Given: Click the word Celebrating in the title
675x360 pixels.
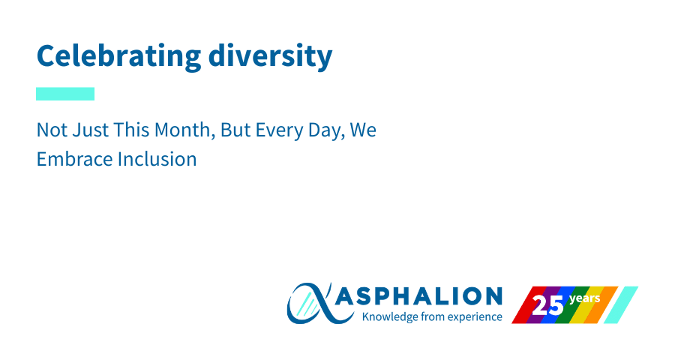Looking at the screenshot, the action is point(118,56).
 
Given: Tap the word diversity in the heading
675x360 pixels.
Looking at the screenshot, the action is point(270,56).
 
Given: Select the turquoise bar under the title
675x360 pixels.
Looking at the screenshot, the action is point(65,94).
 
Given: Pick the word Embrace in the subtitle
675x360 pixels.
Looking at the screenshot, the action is point(75,159).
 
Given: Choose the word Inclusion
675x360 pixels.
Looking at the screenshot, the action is point(157,159).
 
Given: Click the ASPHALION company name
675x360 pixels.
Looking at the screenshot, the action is point(418,296).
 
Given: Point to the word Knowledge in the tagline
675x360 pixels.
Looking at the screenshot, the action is point(390,317).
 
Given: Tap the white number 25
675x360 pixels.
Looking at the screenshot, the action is point(547,306).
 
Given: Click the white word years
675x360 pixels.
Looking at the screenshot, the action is point(584,298).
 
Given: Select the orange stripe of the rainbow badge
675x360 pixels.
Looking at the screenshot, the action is point(601,305).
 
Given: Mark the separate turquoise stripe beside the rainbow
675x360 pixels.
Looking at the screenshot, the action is point(621,305).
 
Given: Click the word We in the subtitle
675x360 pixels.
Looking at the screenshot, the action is point(363,130).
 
